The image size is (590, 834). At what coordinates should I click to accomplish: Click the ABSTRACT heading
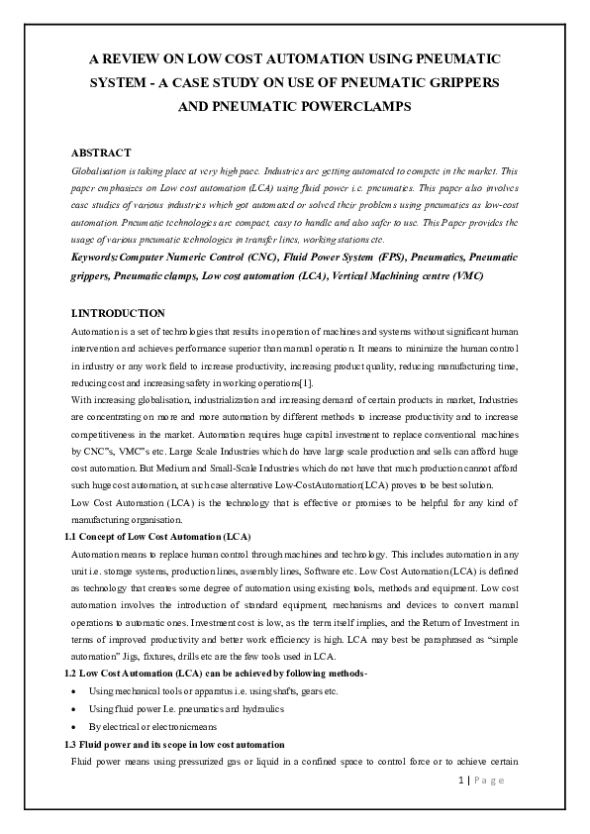(101, 154)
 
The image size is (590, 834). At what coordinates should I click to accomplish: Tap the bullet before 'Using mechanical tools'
(76, 690)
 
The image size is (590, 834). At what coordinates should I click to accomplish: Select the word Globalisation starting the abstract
(101, 171)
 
